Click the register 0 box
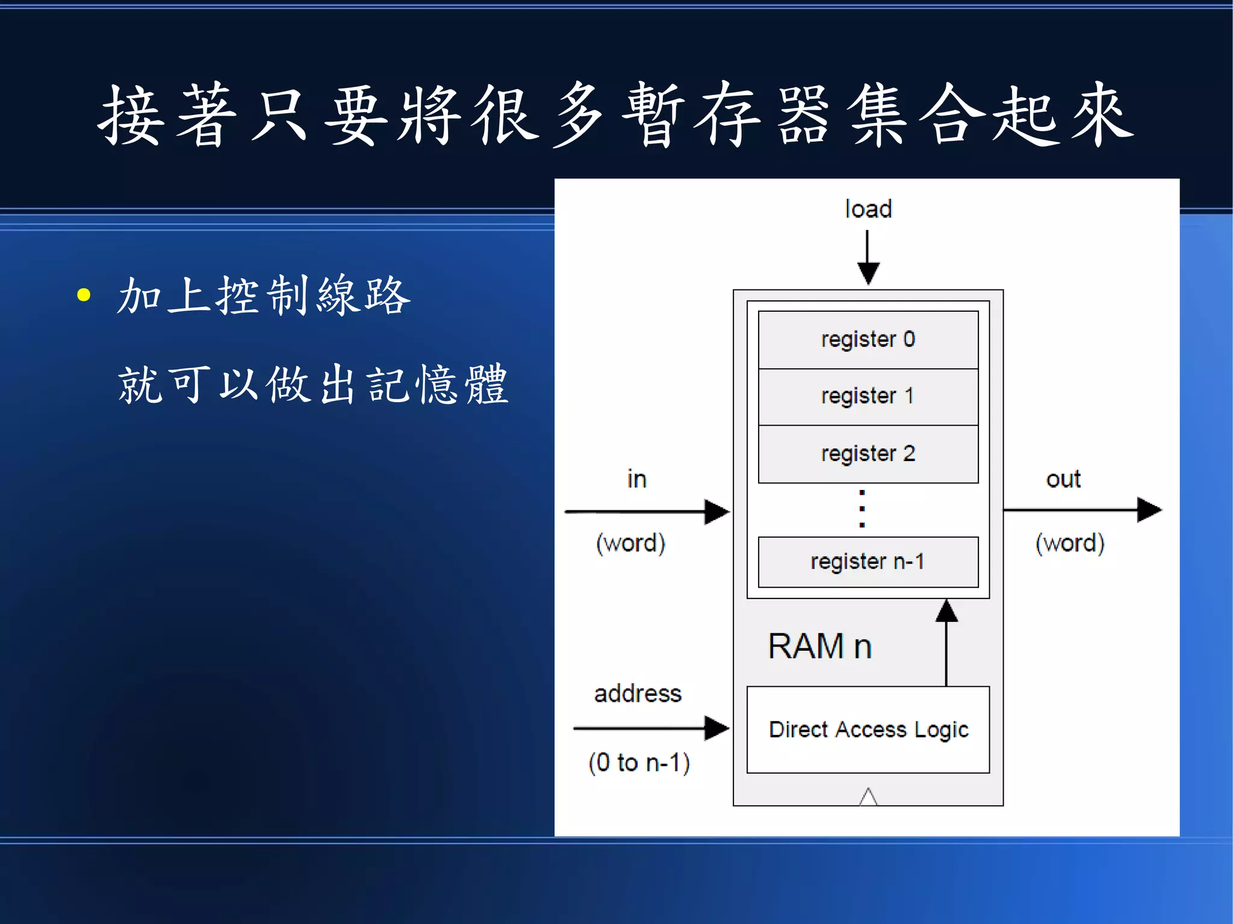point(868,340)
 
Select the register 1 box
point(868,397)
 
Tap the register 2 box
point(868,454)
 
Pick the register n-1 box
point(868,562)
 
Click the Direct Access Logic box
point(868,730)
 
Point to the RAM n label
point(819,646)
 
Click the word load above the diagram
point(868,209)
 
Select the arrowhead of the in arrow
point(716,512)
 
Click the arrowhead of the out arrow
point(1148,510)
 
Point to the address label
point(638,693)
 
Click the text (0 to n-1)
point(639,763)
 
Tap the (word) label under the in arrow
point(630,543)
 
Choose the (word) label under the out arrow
point(1070,543)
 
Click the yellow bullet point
point(84,295)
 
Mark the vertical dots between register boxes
point(862,509)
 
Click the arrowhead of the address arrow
point(716,728)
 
